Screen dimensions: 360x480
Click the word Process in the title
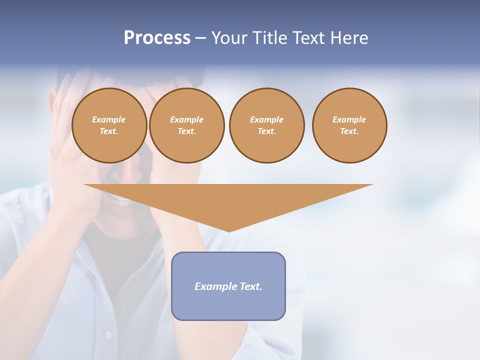pyautogui.click(x=157, y=38)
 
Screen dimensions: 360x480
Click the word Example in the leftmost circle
pyautogui.click(x=109, y=119)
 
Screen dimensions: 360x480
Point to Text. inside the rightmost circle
pyautogui.click(x=349, y=131)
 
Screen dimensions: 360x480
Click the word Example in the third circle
pyautogui.click(x=266, y=119)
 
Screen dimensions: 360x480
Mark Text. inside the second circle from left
pyautogui.click(x=187, y=131)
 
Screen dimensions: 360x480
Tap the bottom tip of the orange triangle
pyautogui.click(x=229, y=230)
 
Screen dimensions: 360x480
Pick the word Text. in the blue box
pyautogui.click(x=250, y=286)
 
